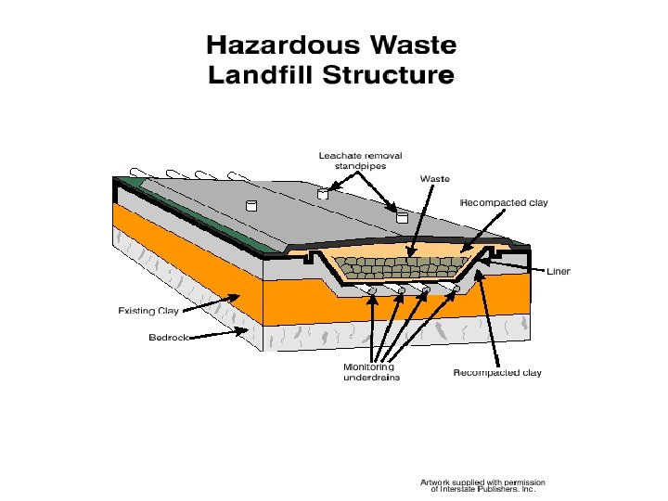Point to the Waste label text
pyautogui.click(x=435, y=177)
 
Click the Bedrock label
pyautogui.click(x=170, y=338)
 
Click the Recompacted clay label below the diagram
pyautogui.click(x=496, y=373)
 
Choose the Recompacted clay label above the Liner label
pyautogui.click(x=505, y=202)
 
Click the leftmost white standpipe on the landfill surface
pyautogui.click(x=249, y=204)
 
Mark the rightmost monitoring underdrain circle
pyautogui.click(x=456, y=289)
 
